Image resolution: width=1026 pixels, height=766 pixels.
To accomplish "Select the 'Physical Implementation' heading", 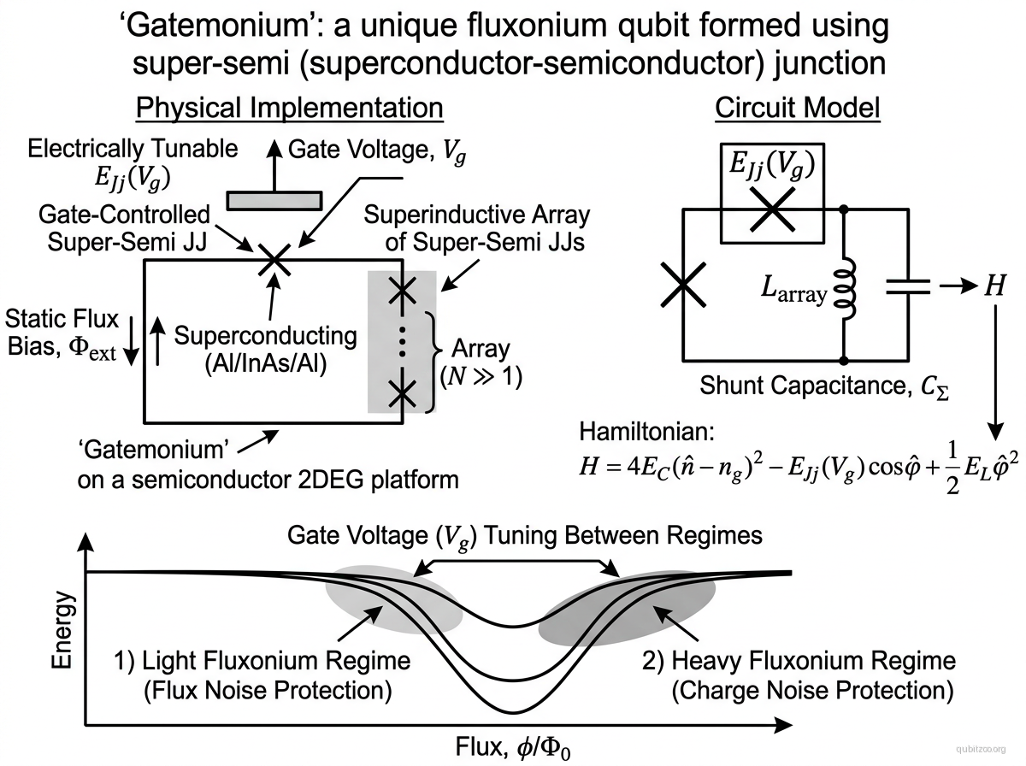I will tap(290, 109).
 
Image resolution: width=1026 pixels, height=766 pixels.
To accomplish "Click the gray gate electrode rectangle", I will tap(274, 198).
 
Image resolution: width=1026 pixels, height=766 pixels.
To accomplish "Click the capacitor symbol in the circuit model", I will tap(905, 286).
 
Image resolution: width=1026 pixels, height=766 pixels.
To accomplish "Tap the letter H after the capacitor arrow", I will tap(994, 286).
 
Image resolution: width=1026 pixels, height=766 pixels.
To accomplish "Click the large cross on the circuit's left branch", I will tap(683, 285).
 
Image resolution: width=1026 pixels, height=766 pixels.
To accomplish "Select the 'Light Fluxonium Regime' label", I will tap(262, 661).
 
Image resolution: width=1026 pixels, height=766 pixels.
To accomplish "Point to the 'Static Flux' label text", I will tap(62, 320).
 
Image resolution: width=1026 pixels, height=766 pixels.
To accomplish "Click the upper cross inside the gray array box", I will tap(402, 292).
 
